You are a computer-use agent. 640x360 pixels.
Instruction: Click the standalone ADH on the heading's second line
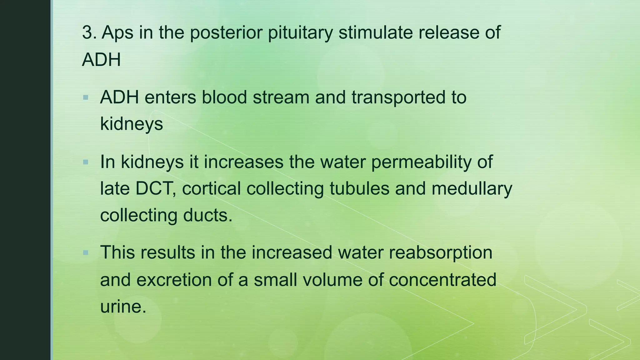[101, 59]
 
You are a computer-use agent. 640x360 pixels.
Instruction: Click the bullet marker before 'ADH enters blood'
[86, 98]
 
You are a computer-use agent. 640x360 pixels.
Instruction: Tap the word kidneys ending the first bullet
[132, 124]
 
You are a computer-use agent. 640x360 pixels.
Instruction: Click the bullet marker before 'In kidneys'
[86, 162]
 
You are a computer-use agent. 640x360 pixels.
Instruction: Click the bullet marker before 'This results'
[86, 252]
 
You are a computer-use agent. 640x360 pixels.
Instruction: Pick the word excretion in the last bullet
[174, 280]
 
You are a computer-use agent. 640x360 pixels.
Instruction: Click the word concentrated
[442, 280]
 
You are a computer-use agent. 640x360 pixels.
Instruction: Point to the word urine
[123, 307]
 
